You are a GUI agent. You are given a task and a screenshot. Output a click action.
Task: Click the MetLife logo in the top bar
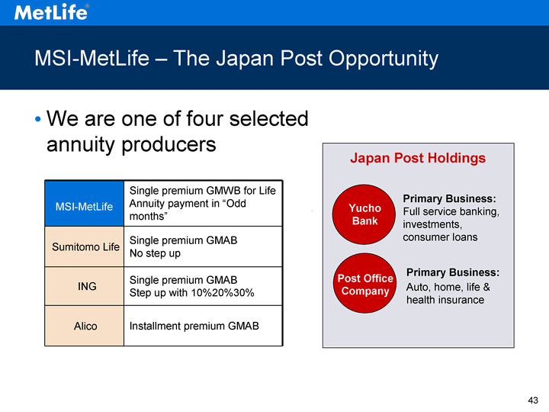point(52,12)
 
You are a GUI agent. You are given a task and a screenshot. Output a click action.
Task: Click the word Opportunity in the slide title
point(384,59)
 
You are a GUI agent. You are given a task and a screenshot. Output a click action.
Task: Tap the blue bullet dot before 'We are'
point(38,119)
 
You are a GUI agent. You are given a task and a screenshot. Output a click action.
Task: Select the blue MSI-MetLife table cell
point(85,204)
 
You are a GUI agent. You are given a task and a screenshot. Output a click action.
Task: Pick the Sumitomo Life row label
point(85,247)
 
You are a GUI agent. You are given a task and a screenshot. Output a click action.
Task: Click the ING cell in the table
point(87,286)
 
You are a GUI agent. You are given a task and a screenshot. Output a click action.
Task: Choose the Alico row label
point(85,327)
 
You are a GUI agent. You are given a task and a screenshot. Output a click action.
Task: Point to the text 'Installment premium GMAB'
point(194,327)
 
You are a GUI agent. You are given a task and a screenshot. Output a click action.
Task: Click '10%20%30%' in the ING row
point(223,292)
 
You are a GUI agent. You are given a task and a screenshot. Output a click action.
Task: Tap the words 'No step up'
point(155,253)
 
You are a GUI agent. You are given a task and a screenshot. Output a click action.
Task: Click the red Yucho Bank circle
point(364,214)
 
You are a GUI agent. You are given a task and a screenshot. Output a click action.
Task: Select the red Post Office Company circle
point(364,283)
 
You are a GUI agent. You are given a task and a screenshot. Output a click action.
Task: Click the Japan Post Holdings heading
point(418,159)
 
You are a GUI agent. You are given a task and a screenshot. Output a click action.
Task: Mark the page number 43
point(533,400)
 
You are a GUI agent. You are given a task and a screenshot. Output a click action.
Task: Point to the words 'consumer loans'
point(440,237)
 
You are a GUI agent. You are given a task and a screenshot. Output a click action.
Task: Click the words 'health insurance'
point(445,300)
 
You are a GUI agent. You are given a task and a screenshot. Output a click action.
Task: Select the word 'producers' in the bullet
point(169,145)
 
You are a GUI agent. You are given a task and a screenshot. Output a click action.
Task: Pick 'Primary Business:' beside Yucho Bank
point(450,198)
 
